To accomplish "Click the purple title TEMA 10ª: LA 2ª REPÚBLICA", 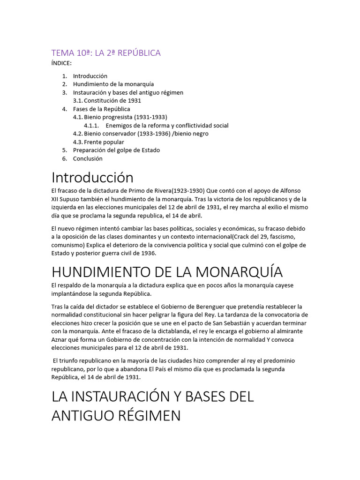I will point(106,53).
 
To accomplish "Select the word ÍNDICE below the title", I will point(61,63).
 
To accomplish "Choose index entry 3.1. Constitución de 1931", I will point(107,100).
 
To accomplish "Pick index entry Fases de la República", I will point(101,109).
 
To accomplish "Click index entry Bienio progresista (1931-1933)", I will point(120,117).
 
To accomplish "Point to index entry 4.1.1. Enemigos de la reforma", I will point(156,126).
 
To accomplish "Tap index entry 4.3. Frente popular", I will point(98,142).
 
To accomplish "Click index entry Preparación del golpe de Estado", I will point(116,150).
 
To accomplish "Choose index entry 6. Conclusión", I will point(88,158).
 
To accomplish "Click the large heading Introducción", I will point(92,178).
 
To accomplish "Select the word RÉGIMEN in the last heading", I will point(148,416).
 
